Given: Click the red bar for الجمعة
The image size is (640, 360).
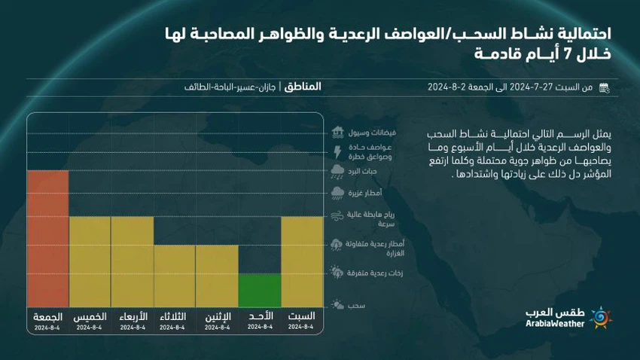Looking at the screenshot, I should pyautogui.click(x=47, y=238).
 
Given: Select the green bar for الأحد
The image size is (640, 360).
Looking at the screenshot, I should pyautogui.click(x=260, y=290).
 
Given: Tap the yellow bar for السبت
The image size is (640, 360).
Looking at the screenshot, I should pyautogui.click(x=302, y=261).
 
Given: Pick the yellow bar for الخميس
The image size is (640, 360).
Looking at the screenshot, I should pyautogui.click(x=90, y=261).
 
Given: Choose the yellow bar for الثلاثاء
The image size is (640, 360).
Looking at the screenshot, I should pyautogui.click(x=175, y=276).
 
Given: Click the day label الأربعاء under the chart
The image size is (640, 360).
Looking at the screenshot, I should pyautogui.click(x=133, y=317).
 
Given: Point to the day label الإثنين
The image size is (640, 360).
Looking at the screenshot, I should pyautogui.click(x=218, y=317).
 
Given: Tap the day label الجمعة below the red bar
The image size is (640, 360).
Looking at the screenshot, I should pyautogui.click(x=47, y=317).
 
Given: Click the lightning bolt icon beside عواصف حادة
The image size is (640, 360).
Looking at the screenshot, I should pyautogui.click(x=337, y=151).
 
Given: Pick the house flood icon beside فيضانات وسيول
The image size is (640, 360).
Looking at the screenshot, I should pyautogui.click(x=337, y=132).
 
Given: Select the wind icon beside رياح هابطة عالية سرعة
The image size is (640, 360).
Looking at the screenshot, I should pyautogui.click(x=337, y=217).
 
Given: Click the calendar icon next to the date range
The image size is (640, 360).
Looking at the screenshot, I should pyautogui.click(x=604, y=88).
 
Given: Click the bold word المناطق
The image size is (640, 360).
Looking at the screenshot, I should pyautogui.click(x=303, y=87).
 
